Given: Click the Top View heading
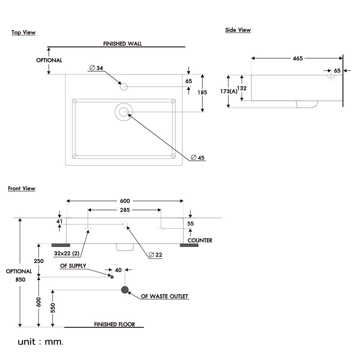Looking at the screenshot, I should tap(23, 32).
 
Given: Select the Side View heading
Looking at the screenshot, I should tap(238, 30).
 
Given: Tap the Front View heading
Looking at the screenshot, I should tap(22, 188).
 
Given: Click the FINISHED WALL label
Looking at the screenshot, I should tap(122, 44).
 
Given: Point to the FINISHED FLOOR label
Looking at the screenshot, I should tap(114, 324).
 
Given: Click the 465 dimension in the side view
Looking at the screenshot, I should tap(297, 58).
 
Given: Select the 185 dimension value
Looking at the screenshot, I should tap(202, 92).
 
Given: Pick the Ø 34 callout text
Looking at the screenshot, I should tap(96, 68).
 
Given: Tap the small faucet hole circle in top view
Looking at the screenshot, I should tap(123, 86).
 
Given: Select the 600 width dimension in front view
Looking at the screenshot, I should tap(125, 201).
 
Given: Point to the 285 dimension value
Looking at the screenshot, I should tap(125, 210).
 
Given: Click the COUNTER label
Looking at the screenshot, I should tap(200, 240).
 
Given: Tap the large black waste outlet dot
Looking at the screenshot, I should tap(125, 290).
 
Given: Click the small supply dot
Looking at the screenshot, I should tap(112, 277).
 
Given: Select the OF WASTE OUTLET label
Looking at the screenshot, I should tap(164, 296).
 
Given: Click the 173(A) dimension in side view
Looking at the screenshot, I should tap(229, 91).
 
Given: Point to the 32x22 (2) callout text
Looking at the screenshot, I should tap(67, 253).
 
